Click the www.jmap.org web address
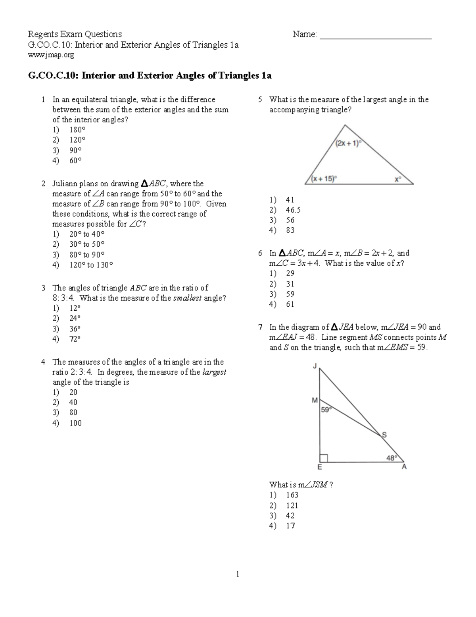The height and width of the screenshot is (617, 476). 51,55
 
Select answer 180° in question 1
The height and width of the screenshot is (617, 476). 77,130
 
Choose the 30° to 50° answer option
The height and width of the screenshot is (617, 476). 87,244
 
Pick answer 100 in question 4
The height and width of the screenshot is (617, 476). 75,423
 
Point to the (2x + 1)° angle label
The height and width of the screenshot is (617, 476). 348,144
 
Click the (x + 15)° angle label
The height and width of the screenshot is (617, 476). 324,179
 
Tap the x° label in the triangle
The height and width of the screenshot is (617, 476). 397,179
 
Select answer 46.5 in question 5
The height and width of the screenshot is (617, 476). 293,210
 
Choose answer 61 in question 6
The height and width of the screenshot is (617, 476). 290,304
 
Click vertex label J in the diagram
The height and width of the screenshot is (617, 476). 315,366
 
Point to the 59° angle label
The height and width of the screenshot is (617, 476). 326,410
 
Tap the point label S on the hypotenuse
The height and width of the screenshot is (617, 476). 384,435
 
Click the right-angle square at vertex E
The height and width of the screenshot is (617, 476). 324,458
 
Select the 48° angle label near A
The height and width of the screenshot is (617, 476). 392,458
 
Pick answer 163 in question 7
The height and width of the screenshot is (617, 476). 292,495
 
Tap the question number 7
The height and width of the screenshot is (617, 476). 260,327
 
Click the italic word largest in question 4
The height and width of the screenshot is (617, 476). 214,372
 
